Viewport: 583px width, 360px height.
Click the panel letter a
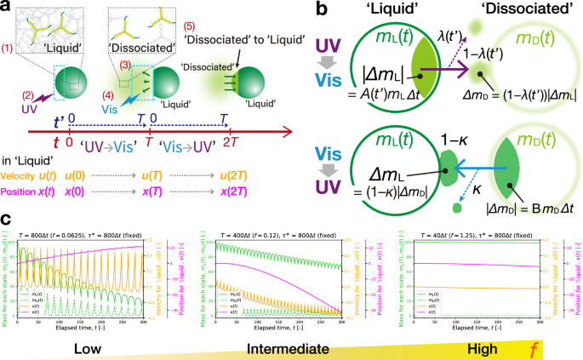tap(8, 9)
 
